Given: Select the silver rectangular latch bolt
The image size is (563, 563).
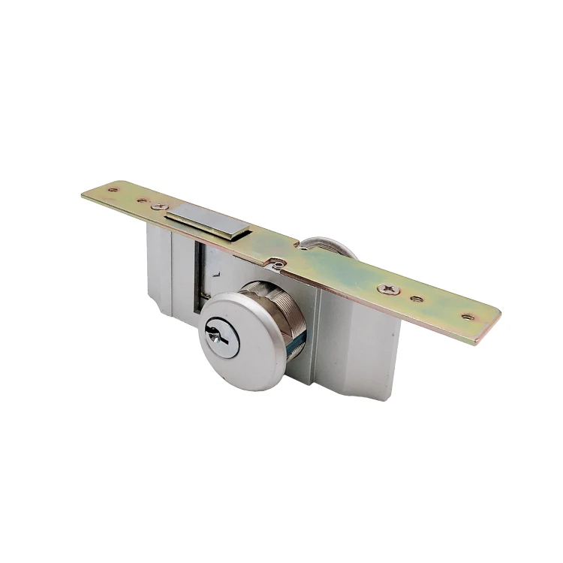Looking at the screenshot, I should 206,222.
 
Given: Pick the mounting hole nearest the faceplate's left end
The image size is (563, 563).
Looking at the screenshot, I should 113,190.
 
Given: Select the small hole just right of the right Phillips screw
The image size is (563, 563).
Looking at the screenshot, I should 417,298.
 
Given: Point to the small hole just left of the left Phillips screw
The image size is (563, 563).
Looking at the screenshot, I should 140,200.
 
